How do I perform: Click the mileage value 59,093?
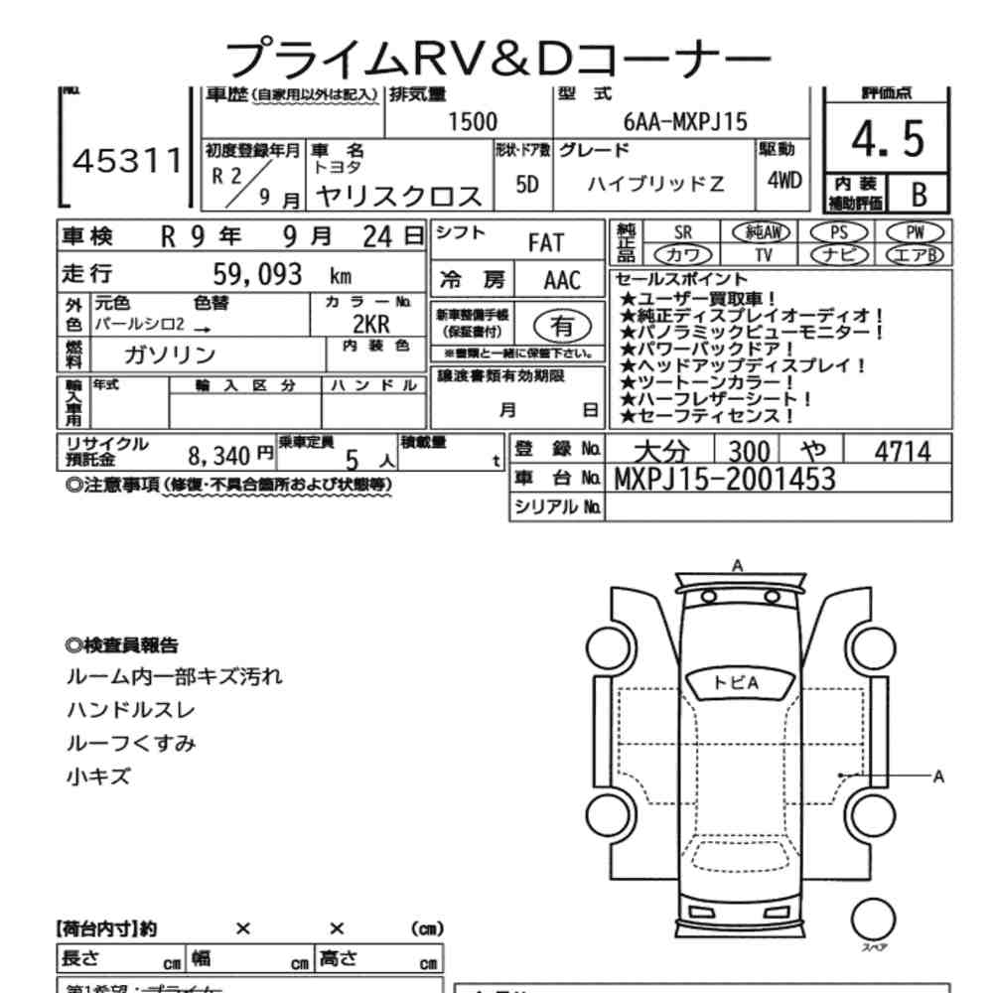[257, 274]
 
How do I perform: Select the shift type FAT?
[545, 242]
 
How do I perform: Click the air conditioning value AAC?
[562, 279]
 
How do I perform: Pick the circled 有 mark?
[562, 325]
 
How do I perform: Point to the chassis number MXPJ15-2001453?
[725, 479]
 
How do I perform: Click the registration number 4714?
[902, 452]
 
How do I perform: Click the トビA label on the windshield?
[736, 682]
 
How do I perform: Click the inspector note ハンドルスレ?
[130, 710]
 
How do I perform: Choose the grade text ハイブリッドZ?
[655, 184]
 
